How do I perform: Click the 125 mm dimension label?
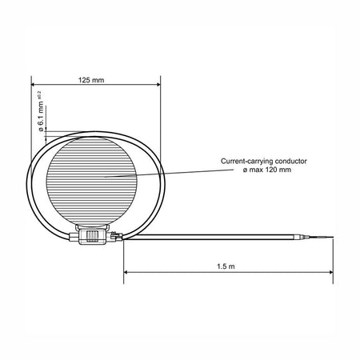(91, 80)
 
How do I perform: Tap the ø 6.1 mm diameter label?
(41, 117)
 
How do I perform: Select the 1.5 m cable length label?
(226, 266)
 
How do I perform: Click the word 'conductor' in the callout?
(291, 161)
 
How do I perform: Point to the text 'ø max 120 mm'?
(267, 170)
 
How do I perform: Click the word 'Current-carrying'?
(247, 162)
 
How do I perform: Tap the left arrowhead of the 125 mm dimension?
(33, 85)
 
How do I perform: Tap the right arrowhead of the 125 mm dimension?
(158, 85)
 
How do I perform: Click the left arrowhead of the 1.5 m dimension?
(126, 272)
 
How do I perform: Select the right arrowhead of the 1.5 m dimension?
(331, 272)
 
